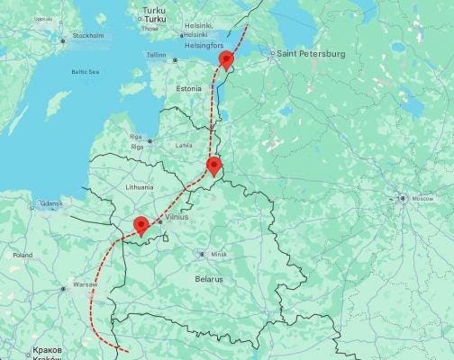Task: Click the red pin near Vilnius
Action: [x=141, y=225]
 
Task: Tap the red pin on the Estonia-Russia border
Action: [x=226, y=59]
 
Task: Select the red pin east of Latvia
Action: [x=213, y=165]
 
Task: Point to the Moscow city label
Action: [x=422, y=198]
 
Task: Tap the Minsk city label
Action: [x=219, y=255]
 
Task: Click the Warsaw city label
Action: [x=85, y=284]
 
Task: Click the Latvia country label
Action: [x=184, y=144]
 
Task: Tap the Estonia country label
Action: [x=189, y=89]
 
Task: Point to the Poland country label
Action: [x=23, y=255]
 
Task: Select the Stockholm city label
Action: [x=88, y=36]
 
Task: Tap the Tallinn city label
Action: [x=157, y=55]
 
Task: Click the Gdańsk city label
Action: [x=50, y=203]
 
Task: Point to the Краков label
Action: [x=47, y=348]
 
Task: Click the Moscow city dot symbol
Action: [x=403, y=198]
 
